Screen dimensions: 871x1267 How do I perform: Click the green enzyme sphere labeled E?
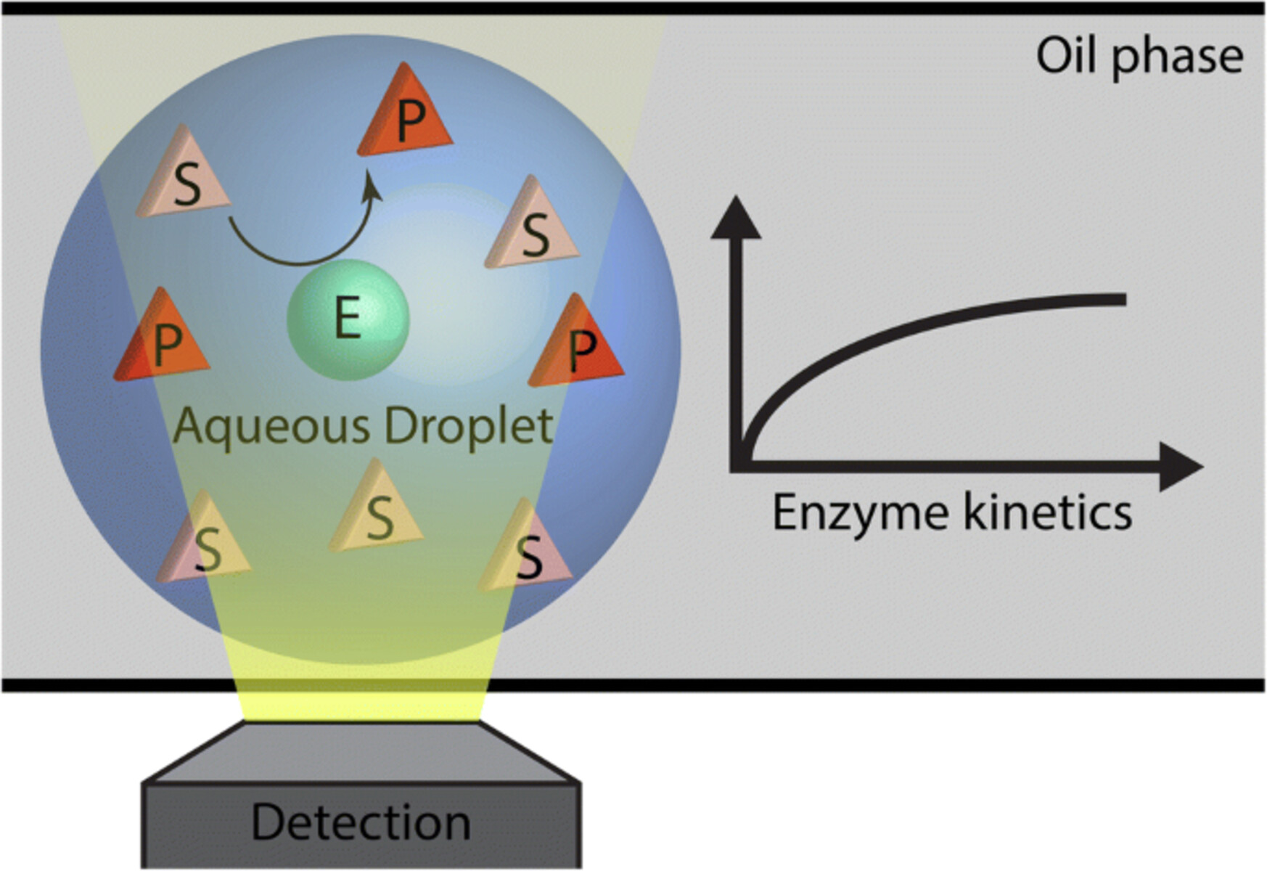348,319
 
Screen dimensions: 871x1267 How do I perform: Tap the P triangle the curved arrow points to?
406,116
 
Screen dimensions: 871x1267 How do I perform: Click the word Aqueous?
272,427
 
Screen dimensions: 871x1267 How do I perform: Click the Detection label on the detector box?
361,822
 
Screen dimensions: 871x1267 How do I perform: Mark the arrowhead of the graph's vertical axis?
736,218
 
